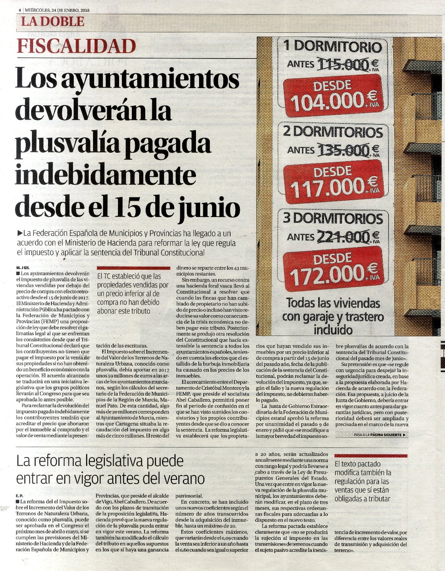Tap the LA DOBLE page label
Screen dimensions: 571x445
pos(52,22)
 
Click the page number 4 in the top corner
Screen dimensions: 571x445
pos(19,10)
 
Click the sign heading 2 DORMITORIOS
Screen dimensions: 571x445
pos(333,132)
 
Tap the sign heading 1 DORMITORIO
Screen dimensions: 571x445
pos(333,47)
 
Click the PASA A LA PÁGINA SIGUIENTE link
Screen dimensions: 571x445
pos(379,435)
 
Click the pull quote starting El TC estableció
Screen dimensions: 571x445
pos(132,294)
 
